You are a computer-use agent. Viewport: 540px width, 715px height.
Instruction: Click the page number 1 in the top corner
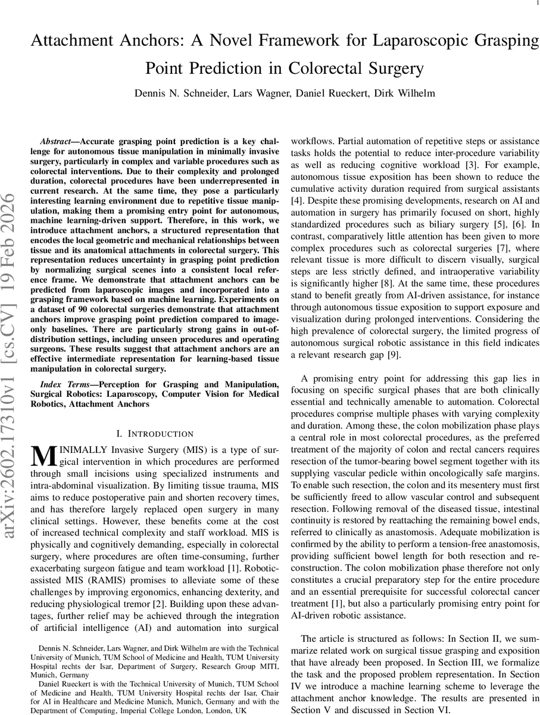530,4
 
